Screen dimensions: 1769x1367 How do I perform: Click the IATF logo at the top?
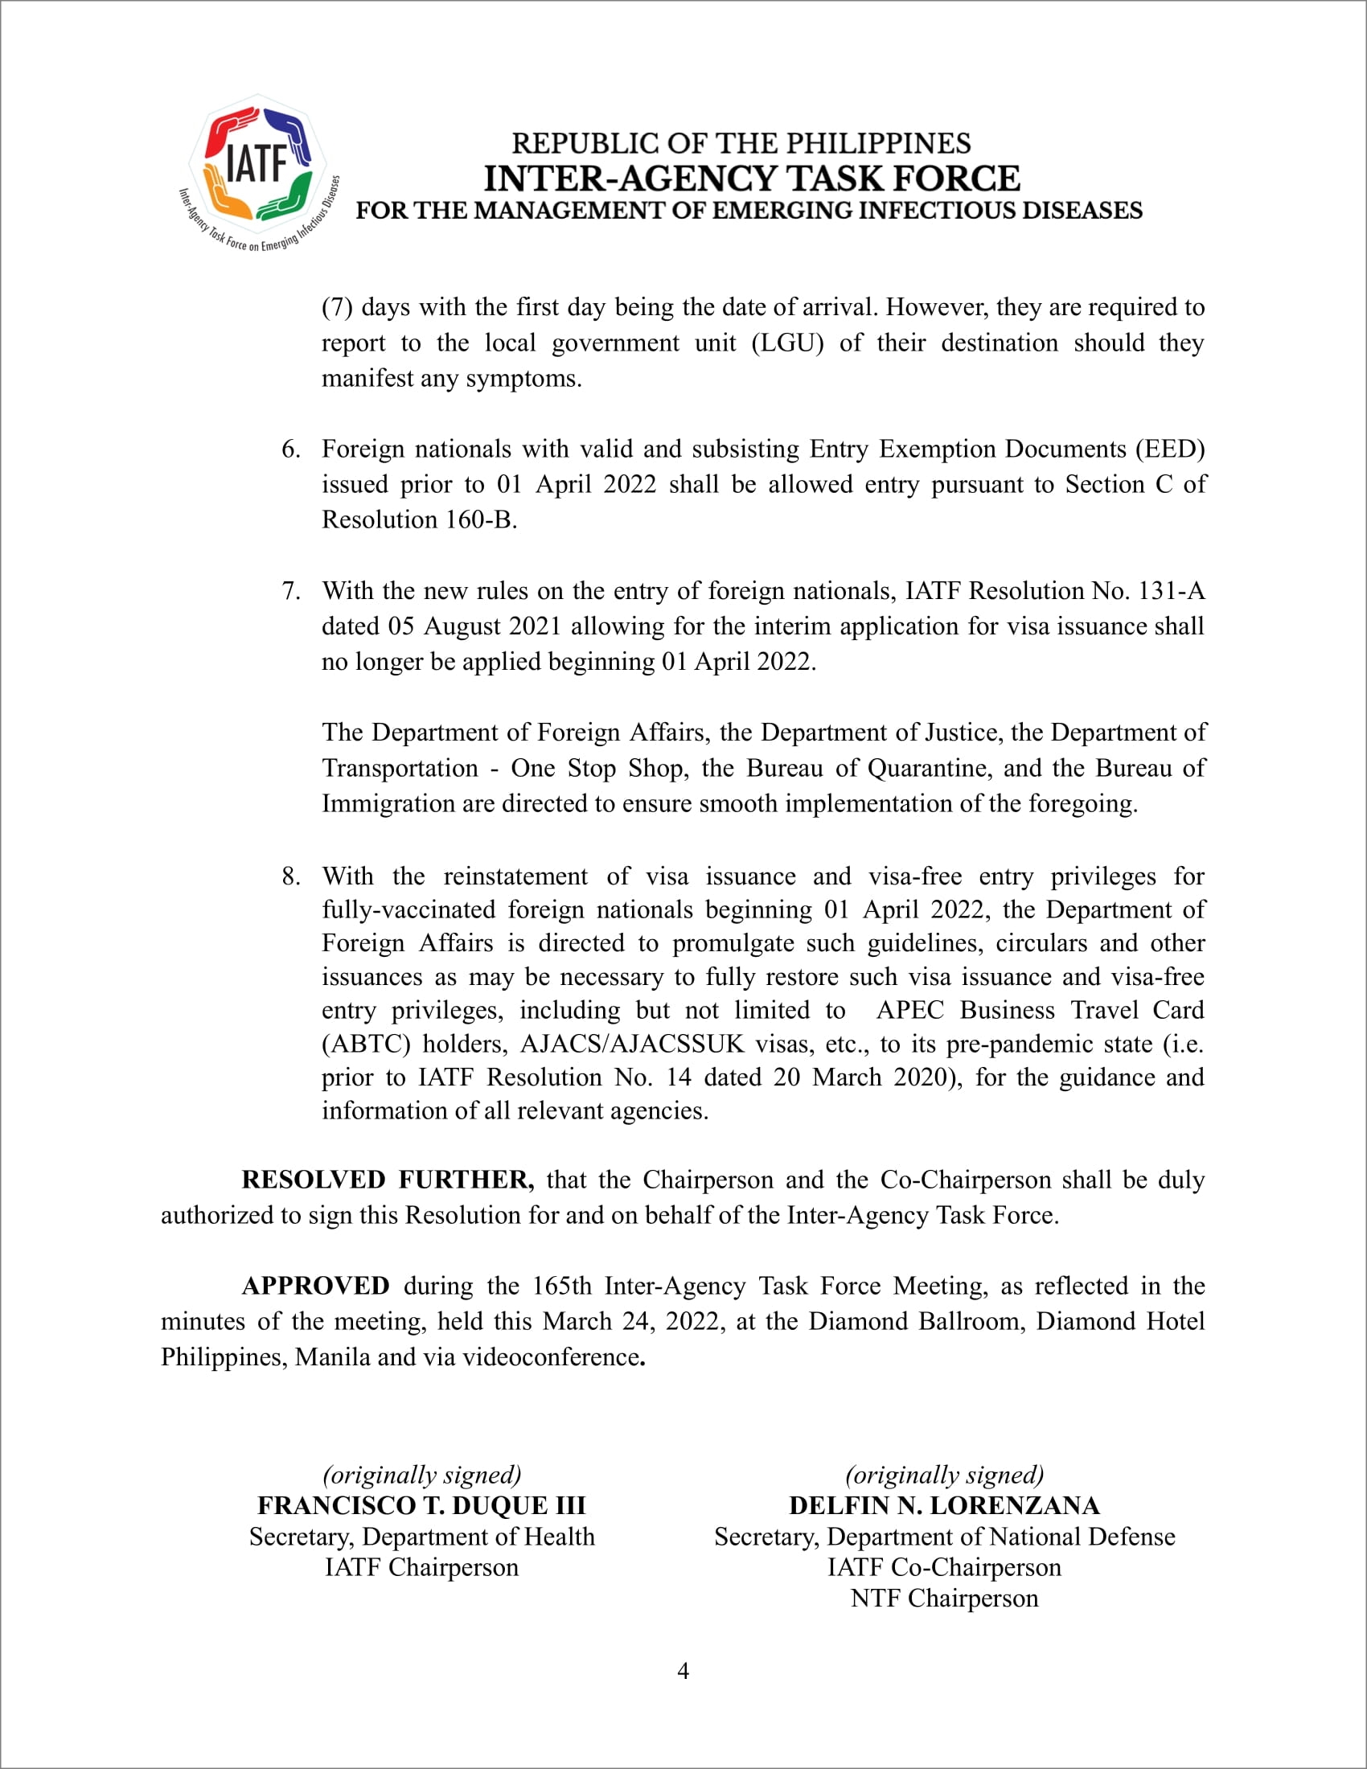pyautogui.click(x=257, y=171)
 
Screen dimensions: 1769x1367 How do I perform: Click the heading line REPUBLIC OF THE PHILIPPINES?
pyautogui.click(x=741, y=143)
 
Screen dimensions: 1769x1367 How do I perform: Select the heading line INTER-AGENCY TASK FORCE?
pyautogui.click(x=752, y=179)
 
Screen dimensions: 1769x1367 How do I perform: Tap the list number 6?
pyautogui.click(x=290, y=449)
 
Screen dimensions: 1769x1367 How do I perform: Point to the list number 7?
pyautogui.click(x=290, y=590)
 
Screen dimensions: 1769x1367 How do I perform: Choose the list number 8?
pyautogui.click(x=290, y=876)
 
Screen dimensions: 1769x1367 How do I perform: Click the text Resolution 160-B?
pyautogui.click(x=419, y=519)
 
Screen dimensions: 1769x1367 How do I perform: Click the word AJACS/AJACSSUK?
pyautogui.click(x=632, y=1043)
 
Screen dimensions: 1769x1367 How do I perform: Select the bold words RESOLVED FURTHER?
pyautogui.click(x=387, y=1180)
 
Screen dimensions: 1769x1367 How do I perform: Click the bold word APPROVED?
pyautogui.click(x=315, y=1286)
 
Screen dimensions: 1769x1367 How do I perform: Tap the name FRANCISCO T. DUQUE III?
pyautogui.click(x=421, y=1505)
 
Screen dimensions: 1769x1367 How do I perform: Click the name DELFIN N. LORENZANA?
pyautogui.click(x=944, y=1505)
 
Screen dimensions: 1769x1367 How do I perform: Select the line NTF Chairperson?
pyautogui.click(x=944, y=1598)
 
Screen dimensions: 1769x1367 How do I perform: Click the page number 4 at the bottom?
pyautogui.click(x=683, y=1671)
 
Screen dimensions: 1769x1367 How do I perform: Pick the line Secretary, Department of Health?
pyautogui.click(x=421, y=1537)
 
